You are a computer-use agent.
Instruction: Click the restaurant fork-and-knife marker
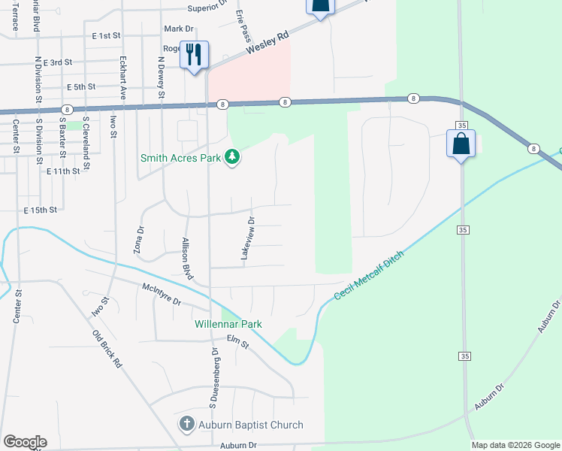pos(194,54)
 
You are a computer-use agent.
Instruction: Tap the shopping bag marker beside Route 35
pos(461,143)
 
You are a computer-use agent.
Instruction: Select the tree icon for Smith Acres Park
pos(234,157)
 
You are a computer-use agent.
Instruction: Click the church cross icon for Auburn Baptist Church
pos(187,424)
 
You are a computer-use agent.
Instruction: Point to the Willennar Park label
pos(228,324)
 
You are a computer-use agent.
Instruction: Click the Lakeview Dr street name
pos(248,239)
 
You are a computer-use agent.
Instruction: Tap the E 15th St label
pos(41,210)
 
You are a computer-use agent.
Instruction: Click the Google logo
pos(24,442)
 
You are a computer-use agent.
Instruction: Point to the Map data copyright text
pos(515,445)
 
